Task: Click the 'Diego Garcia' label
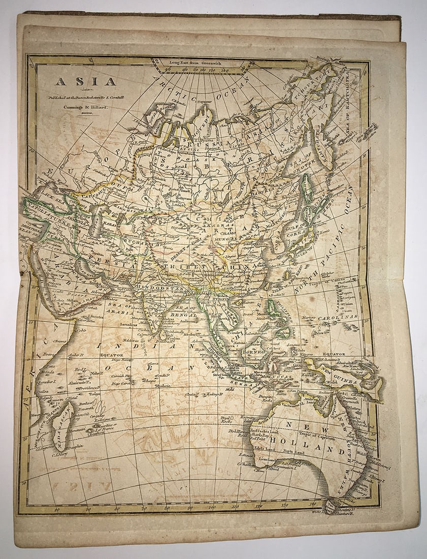[122, 383]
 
